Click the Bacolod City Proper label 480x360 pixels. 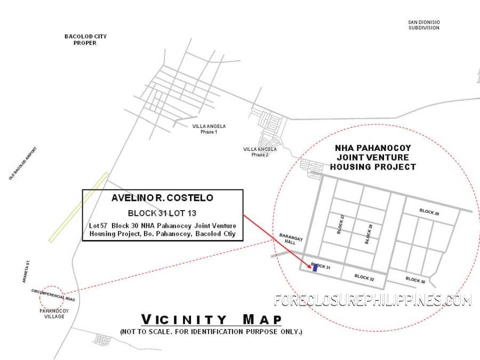coord(85,39)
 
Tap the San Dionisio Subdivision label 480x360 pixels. coord(423,25)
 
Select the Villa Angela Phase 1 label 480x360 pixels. coord(209,129)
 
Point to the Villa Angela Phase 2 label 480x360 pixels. coord(260,152)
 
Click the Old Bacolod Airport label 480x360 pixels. coord(23,163)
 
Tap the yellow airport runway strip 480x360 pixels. coord(79,207)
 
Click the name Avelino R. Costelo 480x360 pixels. coord(162,198)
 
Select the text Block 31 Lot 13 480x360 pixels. coord(162,213)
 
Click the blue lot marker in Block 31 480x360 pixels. coord(315,268)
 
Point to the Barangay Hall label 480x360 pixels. coord(291,239)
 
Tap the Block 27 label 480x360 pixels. coord(340,224)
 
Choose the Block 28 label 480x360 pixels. coord(369,234)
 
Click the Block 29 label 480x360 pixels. coord(429,212)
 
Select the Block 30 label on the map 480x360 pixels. coord(415,280)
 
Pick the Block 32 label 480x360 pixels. coord(364,278)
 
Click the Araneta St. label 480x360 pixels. coord(26,271)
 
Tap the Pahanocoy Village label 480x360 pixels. coord(54,314)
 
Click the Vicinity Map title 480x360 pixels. coord(211,319)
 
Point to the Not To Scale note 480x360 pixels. coord(211,332)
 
